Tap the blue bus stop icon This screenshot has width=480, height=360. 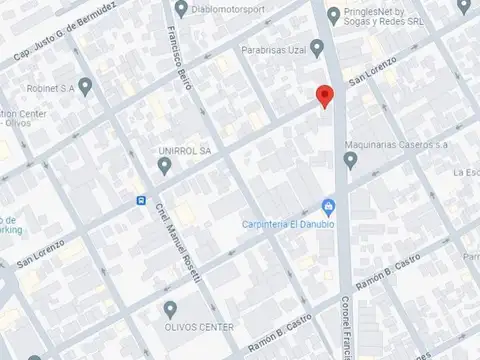pos(141,200)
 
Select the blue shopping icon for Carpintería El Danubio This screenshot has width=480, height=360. pos(329,207)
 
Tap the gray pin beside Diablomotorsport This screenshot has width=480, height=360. pos(181,10)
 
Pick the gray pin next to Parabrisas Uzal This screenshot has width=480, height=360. pos(317,46)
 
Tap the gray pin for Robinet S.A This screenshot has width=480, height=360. pos(85,86)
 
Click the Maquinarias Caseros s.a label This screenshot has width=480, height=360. pos(396,145)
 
